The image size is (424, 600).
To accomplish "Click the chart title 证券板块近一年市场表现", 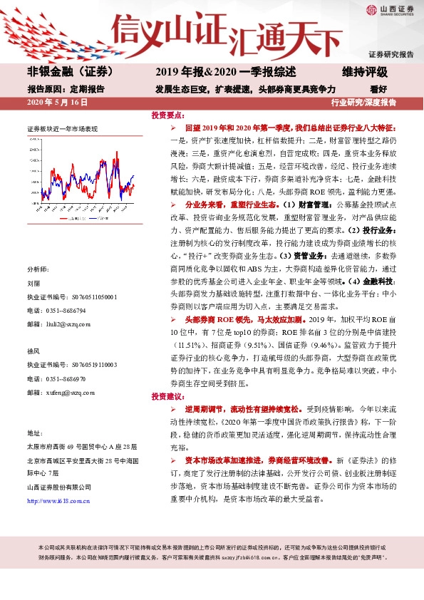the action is point(62,129).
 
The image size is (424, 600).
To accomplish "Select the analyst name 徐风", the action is point(33,351).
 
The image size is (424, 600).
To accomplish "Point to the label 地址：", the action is point(34,433).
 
